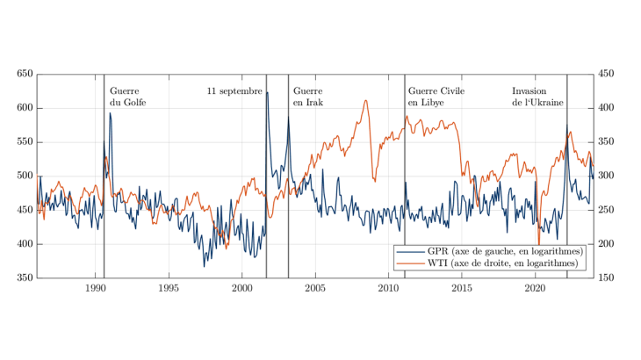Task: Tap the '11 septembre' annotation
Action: tap(234, 90)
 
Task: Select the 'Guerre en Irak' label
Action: tap(307, 97)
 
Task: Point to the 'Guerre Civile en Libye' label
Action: tap(436, 97)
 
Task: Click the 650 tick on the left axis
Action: tap(23, 75)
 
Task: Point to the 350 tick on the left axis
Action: tap(23, 278)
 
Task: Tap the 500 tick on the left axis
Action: tap(23, 176)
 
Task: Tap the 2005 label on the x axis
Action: tap(316, 287)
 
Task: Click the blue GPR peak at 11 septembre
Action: tap(268, 92)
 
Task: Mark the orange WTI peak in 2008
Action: tap(365, 100)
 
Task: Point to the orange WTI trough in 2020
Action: tap(539, 246)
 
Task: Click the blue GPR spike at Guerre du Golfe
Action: tap(110, 113)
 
